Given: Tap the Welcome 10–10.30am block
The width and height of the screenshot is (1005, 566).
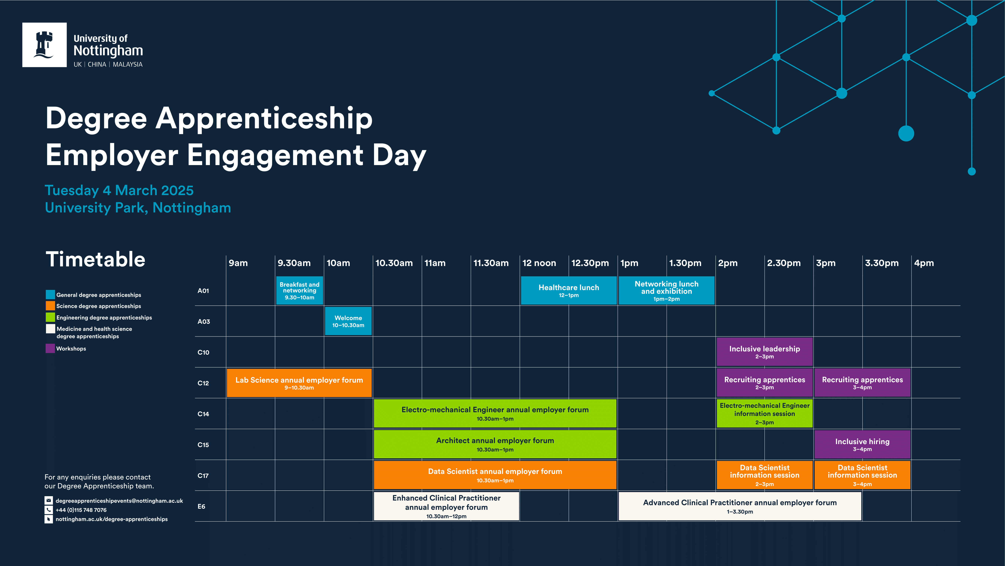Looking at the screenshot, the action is coord(348,321).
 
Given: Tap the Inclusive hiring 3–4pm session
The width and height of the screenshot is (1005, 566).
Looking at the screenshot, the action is coord(862,444).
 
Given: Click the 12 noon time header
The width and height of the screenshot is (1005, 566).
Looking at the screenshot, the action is coord(539,263).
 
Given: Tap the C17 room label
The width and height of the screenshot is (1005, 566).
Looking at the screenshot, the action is coord(203,475).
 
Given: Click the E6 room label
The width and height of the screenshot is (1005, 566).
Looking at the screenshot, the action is coord(201,506).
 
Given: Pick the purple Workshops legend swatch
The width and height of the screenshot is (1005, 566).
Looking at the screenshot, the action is coord(50,348).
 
